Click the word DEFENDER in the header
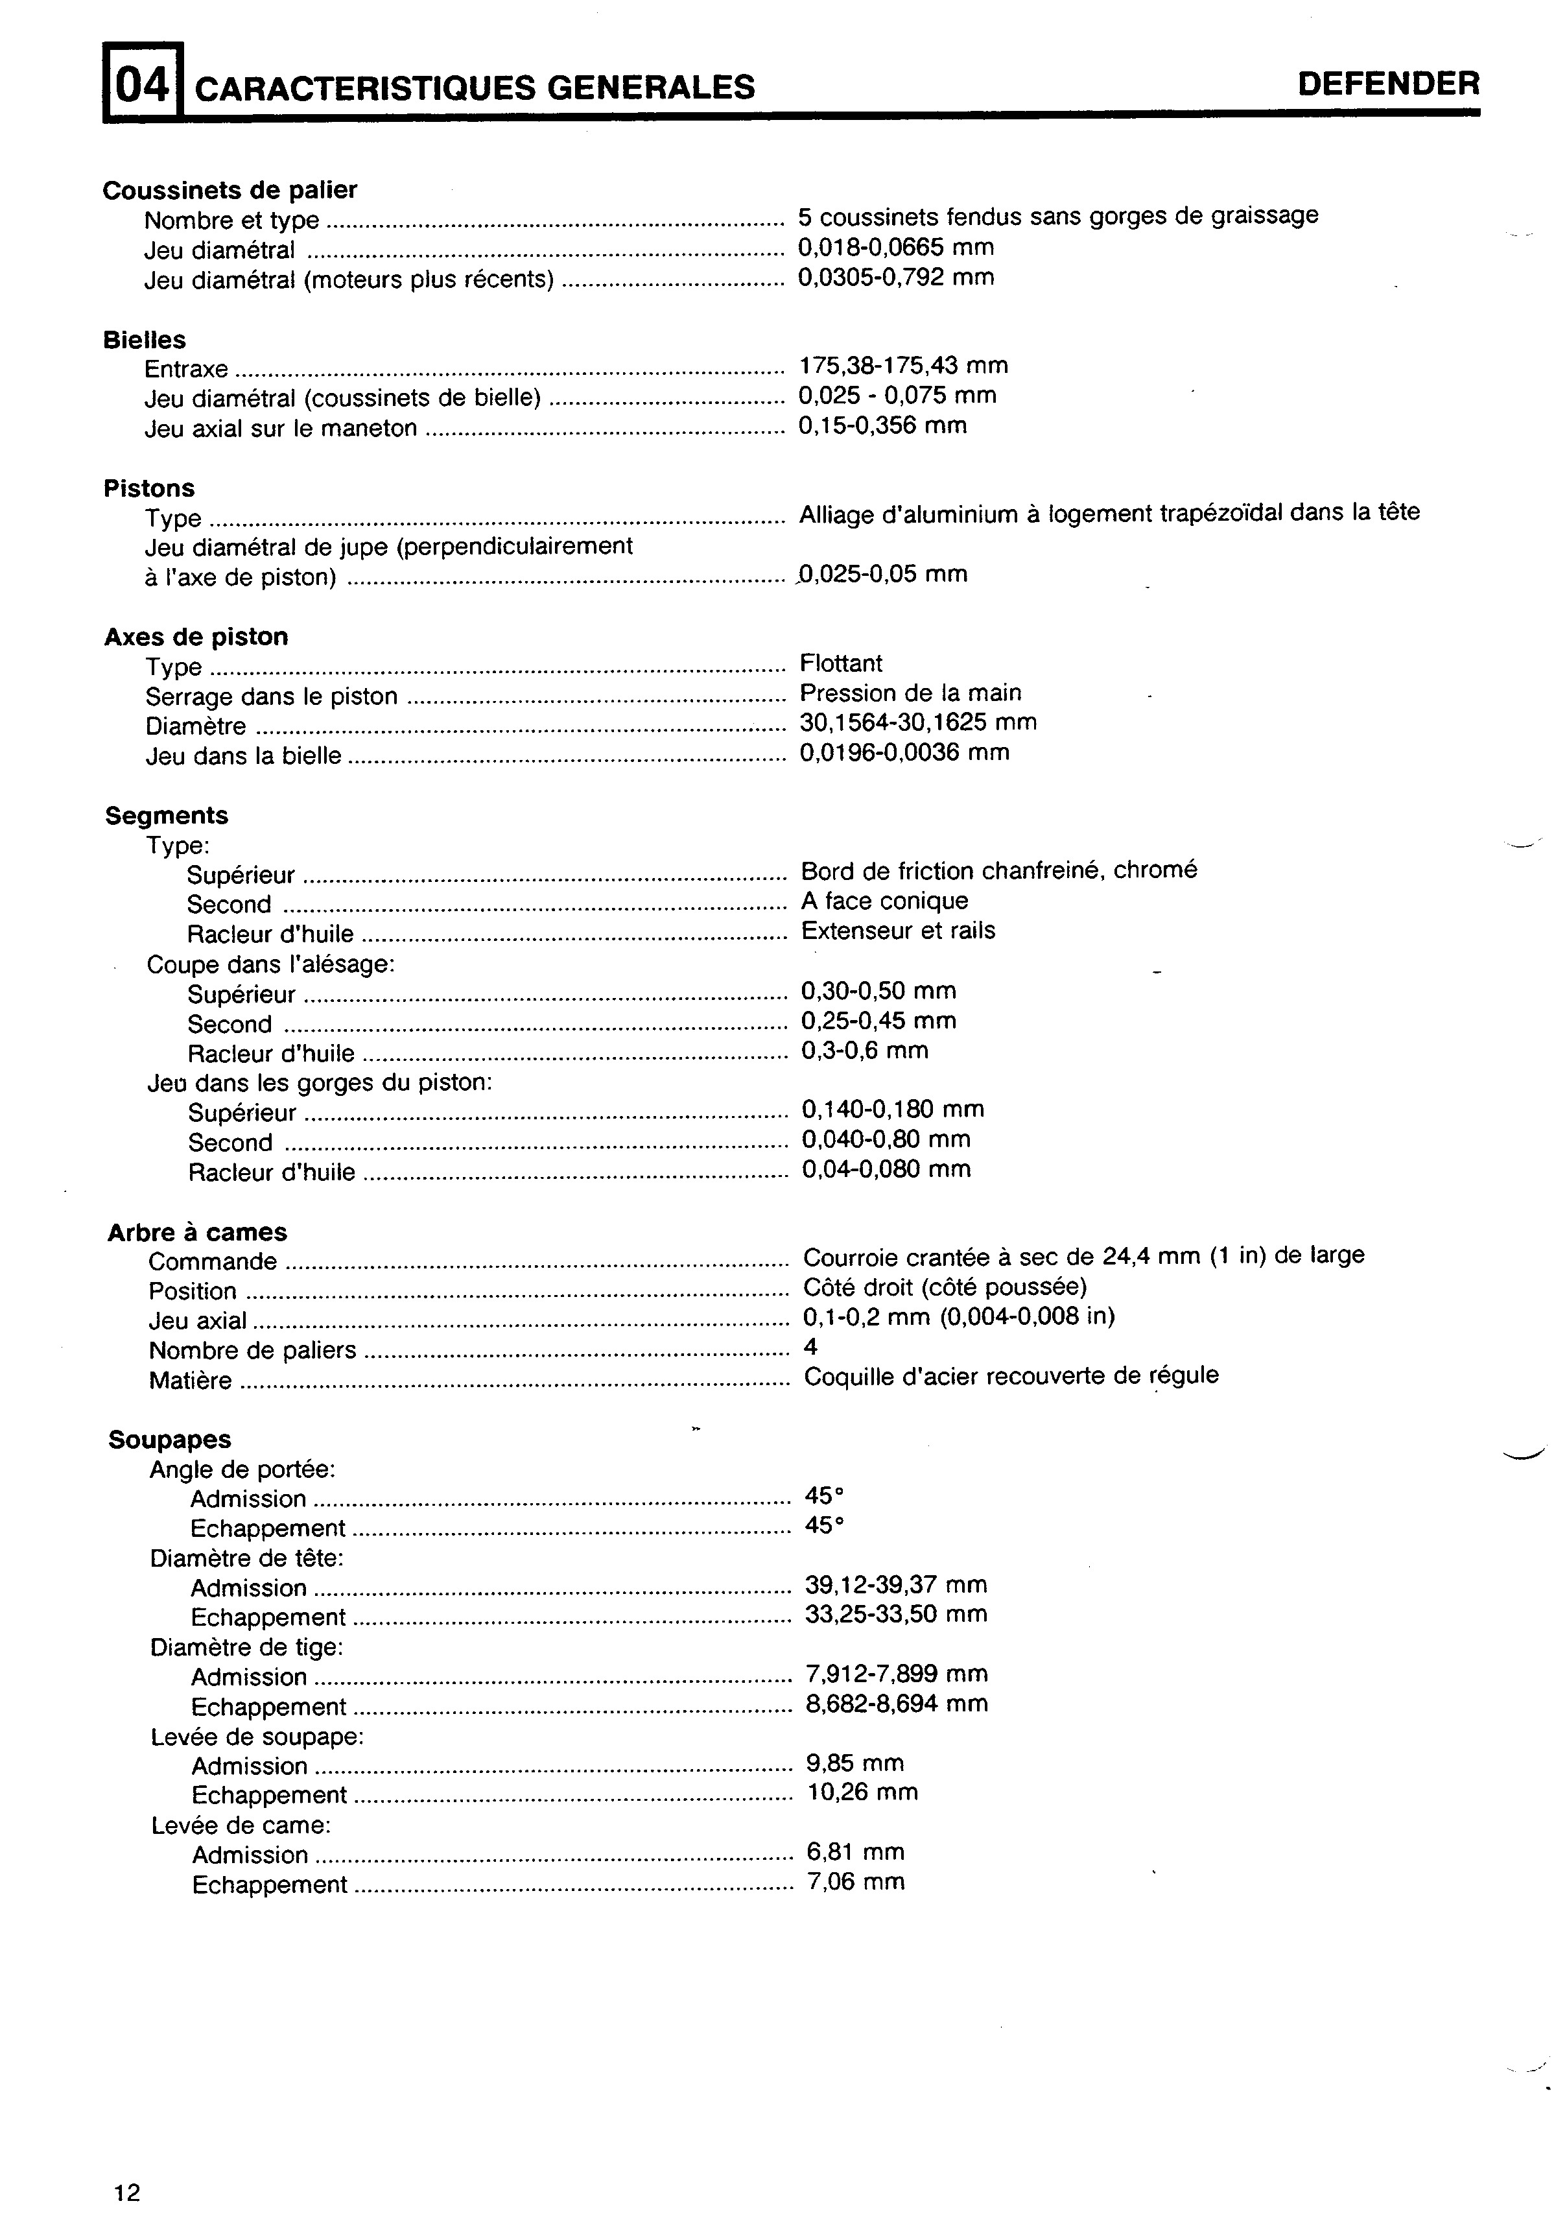(1388, 84)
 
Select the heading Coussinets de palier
(230, 190)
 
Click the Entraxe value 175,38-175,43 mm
(903, 366)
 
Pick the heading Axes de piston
(196, 637)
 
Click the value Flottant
(841, 663)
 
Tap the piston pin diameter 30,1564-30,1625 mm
(917, 722)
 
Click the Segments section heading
(167, 815)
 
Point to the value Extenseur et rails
(898, 931)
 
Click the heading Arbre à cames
(198, 1233)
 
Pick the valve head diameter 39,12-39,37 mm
(896, 1585)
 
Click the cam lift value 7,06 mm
(856, 1881)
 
